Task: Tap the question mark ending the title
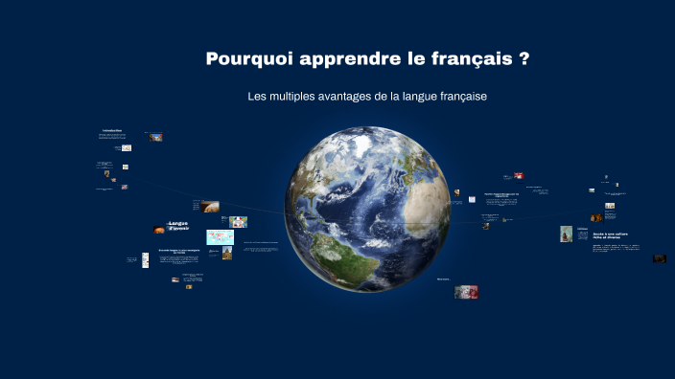pos(524,59)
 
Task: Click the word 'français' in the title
pos(472,59)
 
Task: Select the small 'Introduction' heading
pos(112,130)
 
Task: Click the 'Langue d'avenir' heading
pos(178,227)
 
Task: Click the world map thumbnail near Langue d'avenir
pos(220,236)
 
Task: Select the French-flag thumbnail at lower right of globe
pos(467,292)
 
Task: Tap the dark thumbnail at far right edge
pos(660,258)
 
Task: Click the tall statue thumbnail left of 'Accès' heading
pos(567,234)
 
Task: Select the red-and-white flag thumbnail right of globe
pos(519,176)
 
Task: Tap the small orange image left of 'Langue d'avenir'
pos(158,230)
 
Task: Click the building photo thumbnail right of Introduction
pos(156,137)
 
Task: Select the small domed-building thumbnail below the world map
pos(227,253)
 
